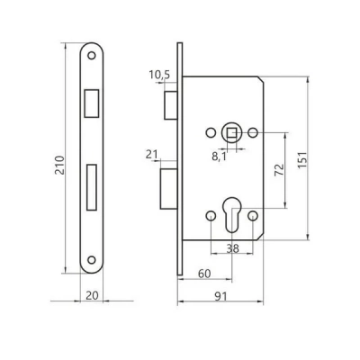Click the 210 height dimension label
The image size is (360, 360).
(x=60, y=165)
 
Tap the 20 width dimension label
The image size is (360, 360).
(x=92, y=295)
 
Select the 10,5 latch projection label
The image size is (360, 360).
(x=159, y=75)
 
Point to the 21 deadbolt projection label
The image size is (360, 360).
(x=152, y=155)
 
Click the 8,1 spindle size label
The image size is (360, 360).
(x=220, y=157)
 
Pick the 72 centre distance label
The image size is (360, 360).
(x=279, y=170)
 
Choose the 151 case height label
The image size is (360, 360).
(x=302, y=159)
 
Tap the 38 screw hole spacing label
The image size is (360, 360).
(x=233, y=248)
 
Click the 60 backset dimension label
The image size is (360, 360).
(x=204, y=274)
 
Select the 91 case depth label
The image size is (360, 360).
(x=220, y=297)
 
